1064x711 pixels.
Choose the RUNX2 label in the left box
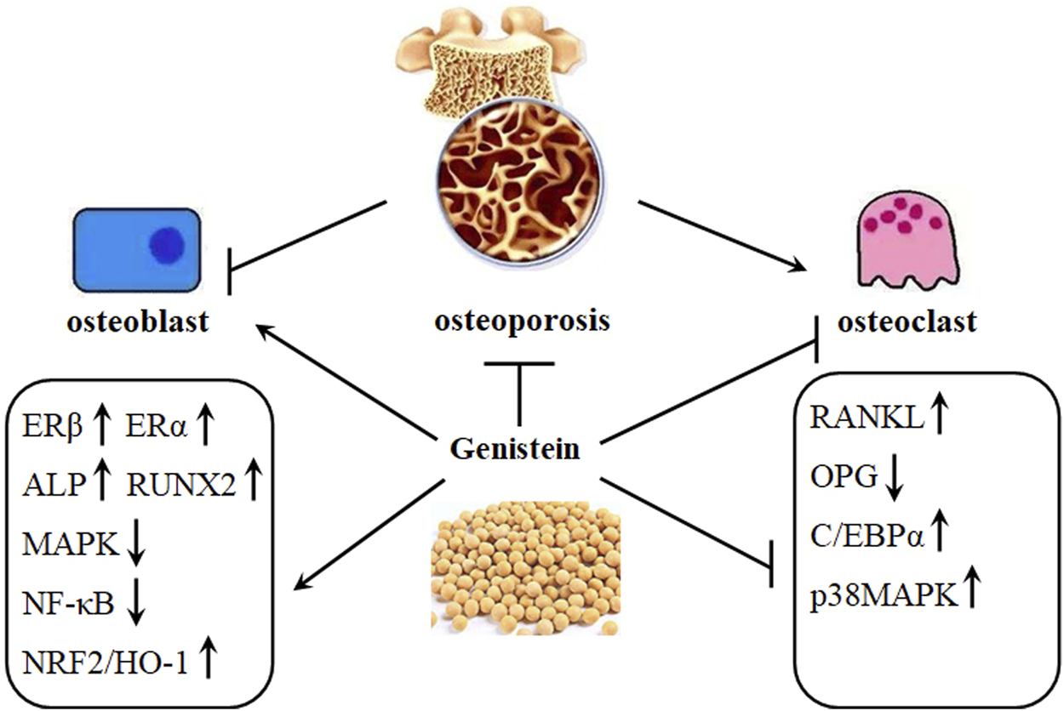pos(181,485)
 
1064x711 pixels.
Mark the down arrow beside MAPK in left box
pos(136,544)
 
